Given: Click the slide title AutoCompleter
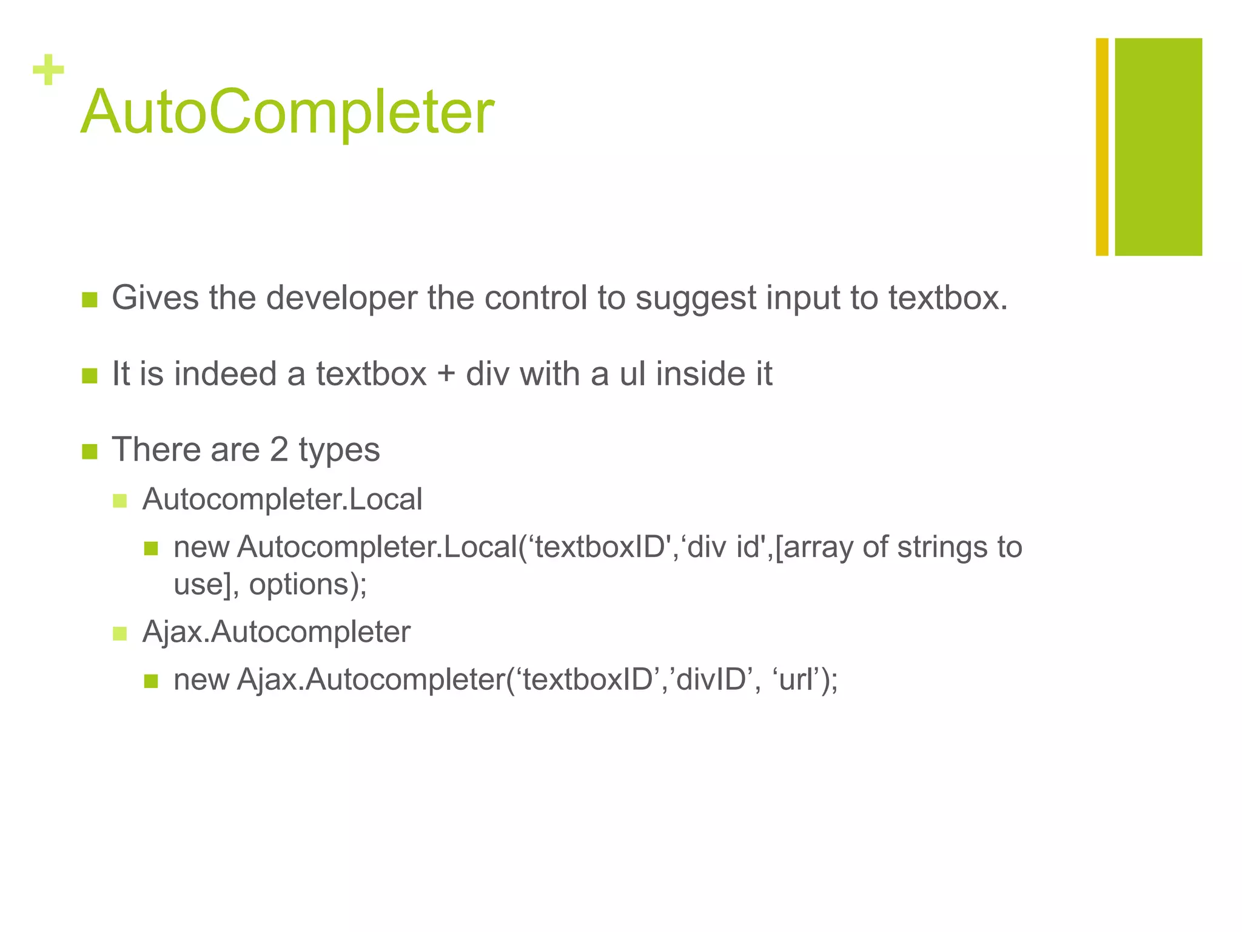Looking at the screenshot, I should [x=287, y=112].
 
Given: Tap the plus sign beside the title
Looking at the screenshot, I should [x=49, y=70].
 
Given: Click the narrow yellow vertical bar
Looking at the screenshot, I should [x=1102, y=147].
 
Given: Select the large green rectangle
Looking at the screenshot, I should [x=1158, y=147].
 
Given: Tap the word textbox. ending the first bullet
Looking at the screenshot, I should [x=948, y=299].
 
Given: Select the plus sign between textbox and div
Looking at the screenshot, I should [x=446, y=375].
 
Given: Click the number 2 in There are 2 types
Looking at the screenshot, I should [x=278, y=450].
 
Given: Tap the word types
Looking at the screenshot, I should [x=339, y=451].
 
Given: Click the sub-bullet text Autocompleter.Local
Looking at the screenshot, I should [x=282, y=499].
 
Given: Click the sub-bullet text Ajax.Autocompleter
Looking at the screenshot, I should [x=276, y=632].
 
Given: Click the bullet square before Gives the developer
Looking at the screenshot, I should [x=90, y=300].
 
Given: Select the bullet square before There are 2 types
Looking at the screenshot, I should [x=90, y=451].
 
